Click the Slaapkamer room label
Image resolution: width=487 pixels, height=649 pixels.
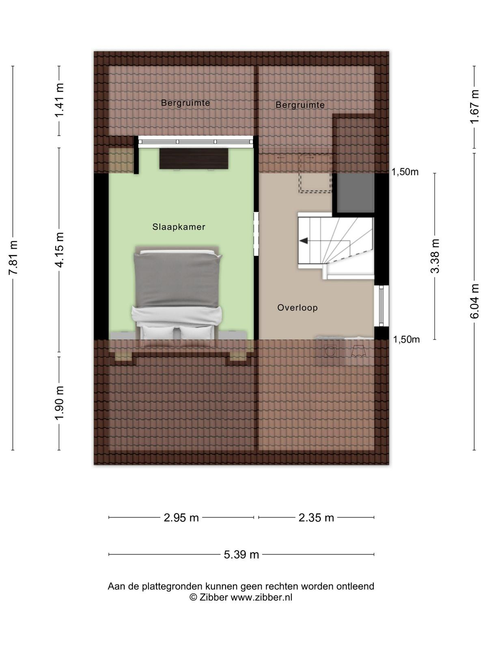pyautogui.click(x=179, y=227)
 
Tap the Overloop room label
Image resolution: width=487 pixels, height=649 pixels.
pyautogui.click(x=297, y=308)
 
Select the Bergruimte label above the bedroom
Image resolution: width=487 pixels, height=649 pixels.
pyautogui.click(x=185, y=103)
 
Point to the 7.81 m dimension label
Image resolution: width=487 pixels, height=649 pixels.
pyautogui.click(x=13, y=258)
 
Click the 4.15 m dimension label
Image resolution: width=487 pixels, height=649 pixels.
pyautogui.click(x=59, y=250)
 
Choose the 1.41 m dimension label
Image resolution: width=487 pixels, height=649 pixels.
pyautogui.click(x=59, y=100)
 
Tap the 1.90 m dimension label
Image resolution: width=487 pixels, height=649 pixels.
pyautogui.click(x=59, y=403)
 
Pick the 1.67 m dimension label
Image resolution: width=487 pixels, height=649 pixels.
pyautogui.click(x=474, y=107)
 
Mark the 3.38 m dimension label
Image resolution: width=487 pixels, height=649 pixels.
pyautogui.click(x=435, y=256)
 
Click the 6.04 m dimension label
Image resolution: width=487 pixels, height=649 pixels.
pyautogui.click(x=474, y=301)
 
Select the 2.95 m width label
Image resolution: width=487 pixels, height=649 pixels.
pyautogui.click(x=181, y=518)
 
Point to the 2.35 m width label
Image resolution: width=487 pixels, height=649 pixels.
pyautogui.click(x=316, y=518)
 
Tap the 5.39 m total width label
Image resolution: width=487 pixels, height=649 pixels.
pyautogui.click(x=241, y=554)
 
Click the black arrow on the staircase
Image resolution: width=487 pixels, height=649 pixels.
pyautogui.click(x=304, y=241)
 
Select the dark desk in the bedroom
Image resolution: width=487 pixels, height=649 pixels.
pyautogui.click(x=194, y=159)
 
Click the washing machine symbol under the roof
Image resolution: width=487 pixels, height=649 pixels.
pyautogui.click(x=330, y=351)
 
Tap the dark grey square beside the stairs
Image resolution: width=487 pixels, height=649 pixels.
pyautogui.click(x=356, y=193)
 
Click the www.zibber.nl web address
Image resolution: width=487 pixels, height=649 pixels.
pyautogui.click(x=261, y=597)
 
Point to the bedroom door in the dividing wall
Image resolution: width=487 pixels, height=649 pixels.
pyautogui.click(x=256, y=234)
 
